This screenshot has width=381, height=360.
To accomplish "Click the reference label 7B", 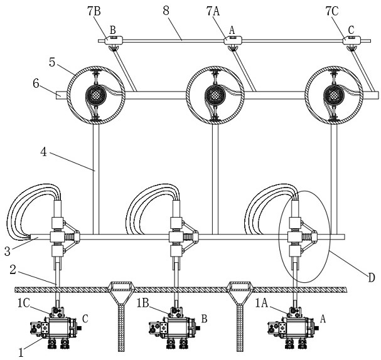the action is [x=94, y=11].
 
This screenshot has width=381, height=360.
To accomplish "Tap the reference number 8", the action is [x=166, y=11].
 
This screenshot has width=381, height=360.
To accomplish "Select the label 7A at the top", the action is [x=213, y=11].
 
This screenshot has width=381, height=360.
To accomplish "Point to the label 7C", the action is [x=332, y=11].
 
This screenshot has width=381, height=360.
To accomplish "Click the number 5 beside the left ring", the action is [x=52, y=62].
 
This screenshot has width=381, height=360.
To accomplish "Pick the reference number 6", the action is [x=36, y=84].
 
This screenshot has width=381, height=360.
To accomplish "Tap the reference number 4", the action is [x=43, y=152].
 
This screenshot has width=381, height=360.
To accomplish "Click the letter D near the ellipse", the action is [x=372, y=278].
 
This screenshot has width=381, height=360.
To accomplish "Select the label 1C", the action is [x=24, y=303].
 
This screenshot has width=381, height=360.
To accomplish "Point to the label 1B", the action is [x=142, y=304].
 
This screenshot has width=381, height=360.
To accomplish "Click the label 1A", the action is [x=262, y=304].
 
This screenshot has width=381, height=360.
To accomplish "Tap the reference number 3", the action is [x=8, y=251].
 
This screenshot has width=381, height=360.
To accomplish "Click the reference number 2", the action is [x=13, y=270].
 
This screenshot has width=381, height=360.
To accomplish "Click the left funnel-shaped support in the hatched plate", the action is [x=121, y=315].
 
